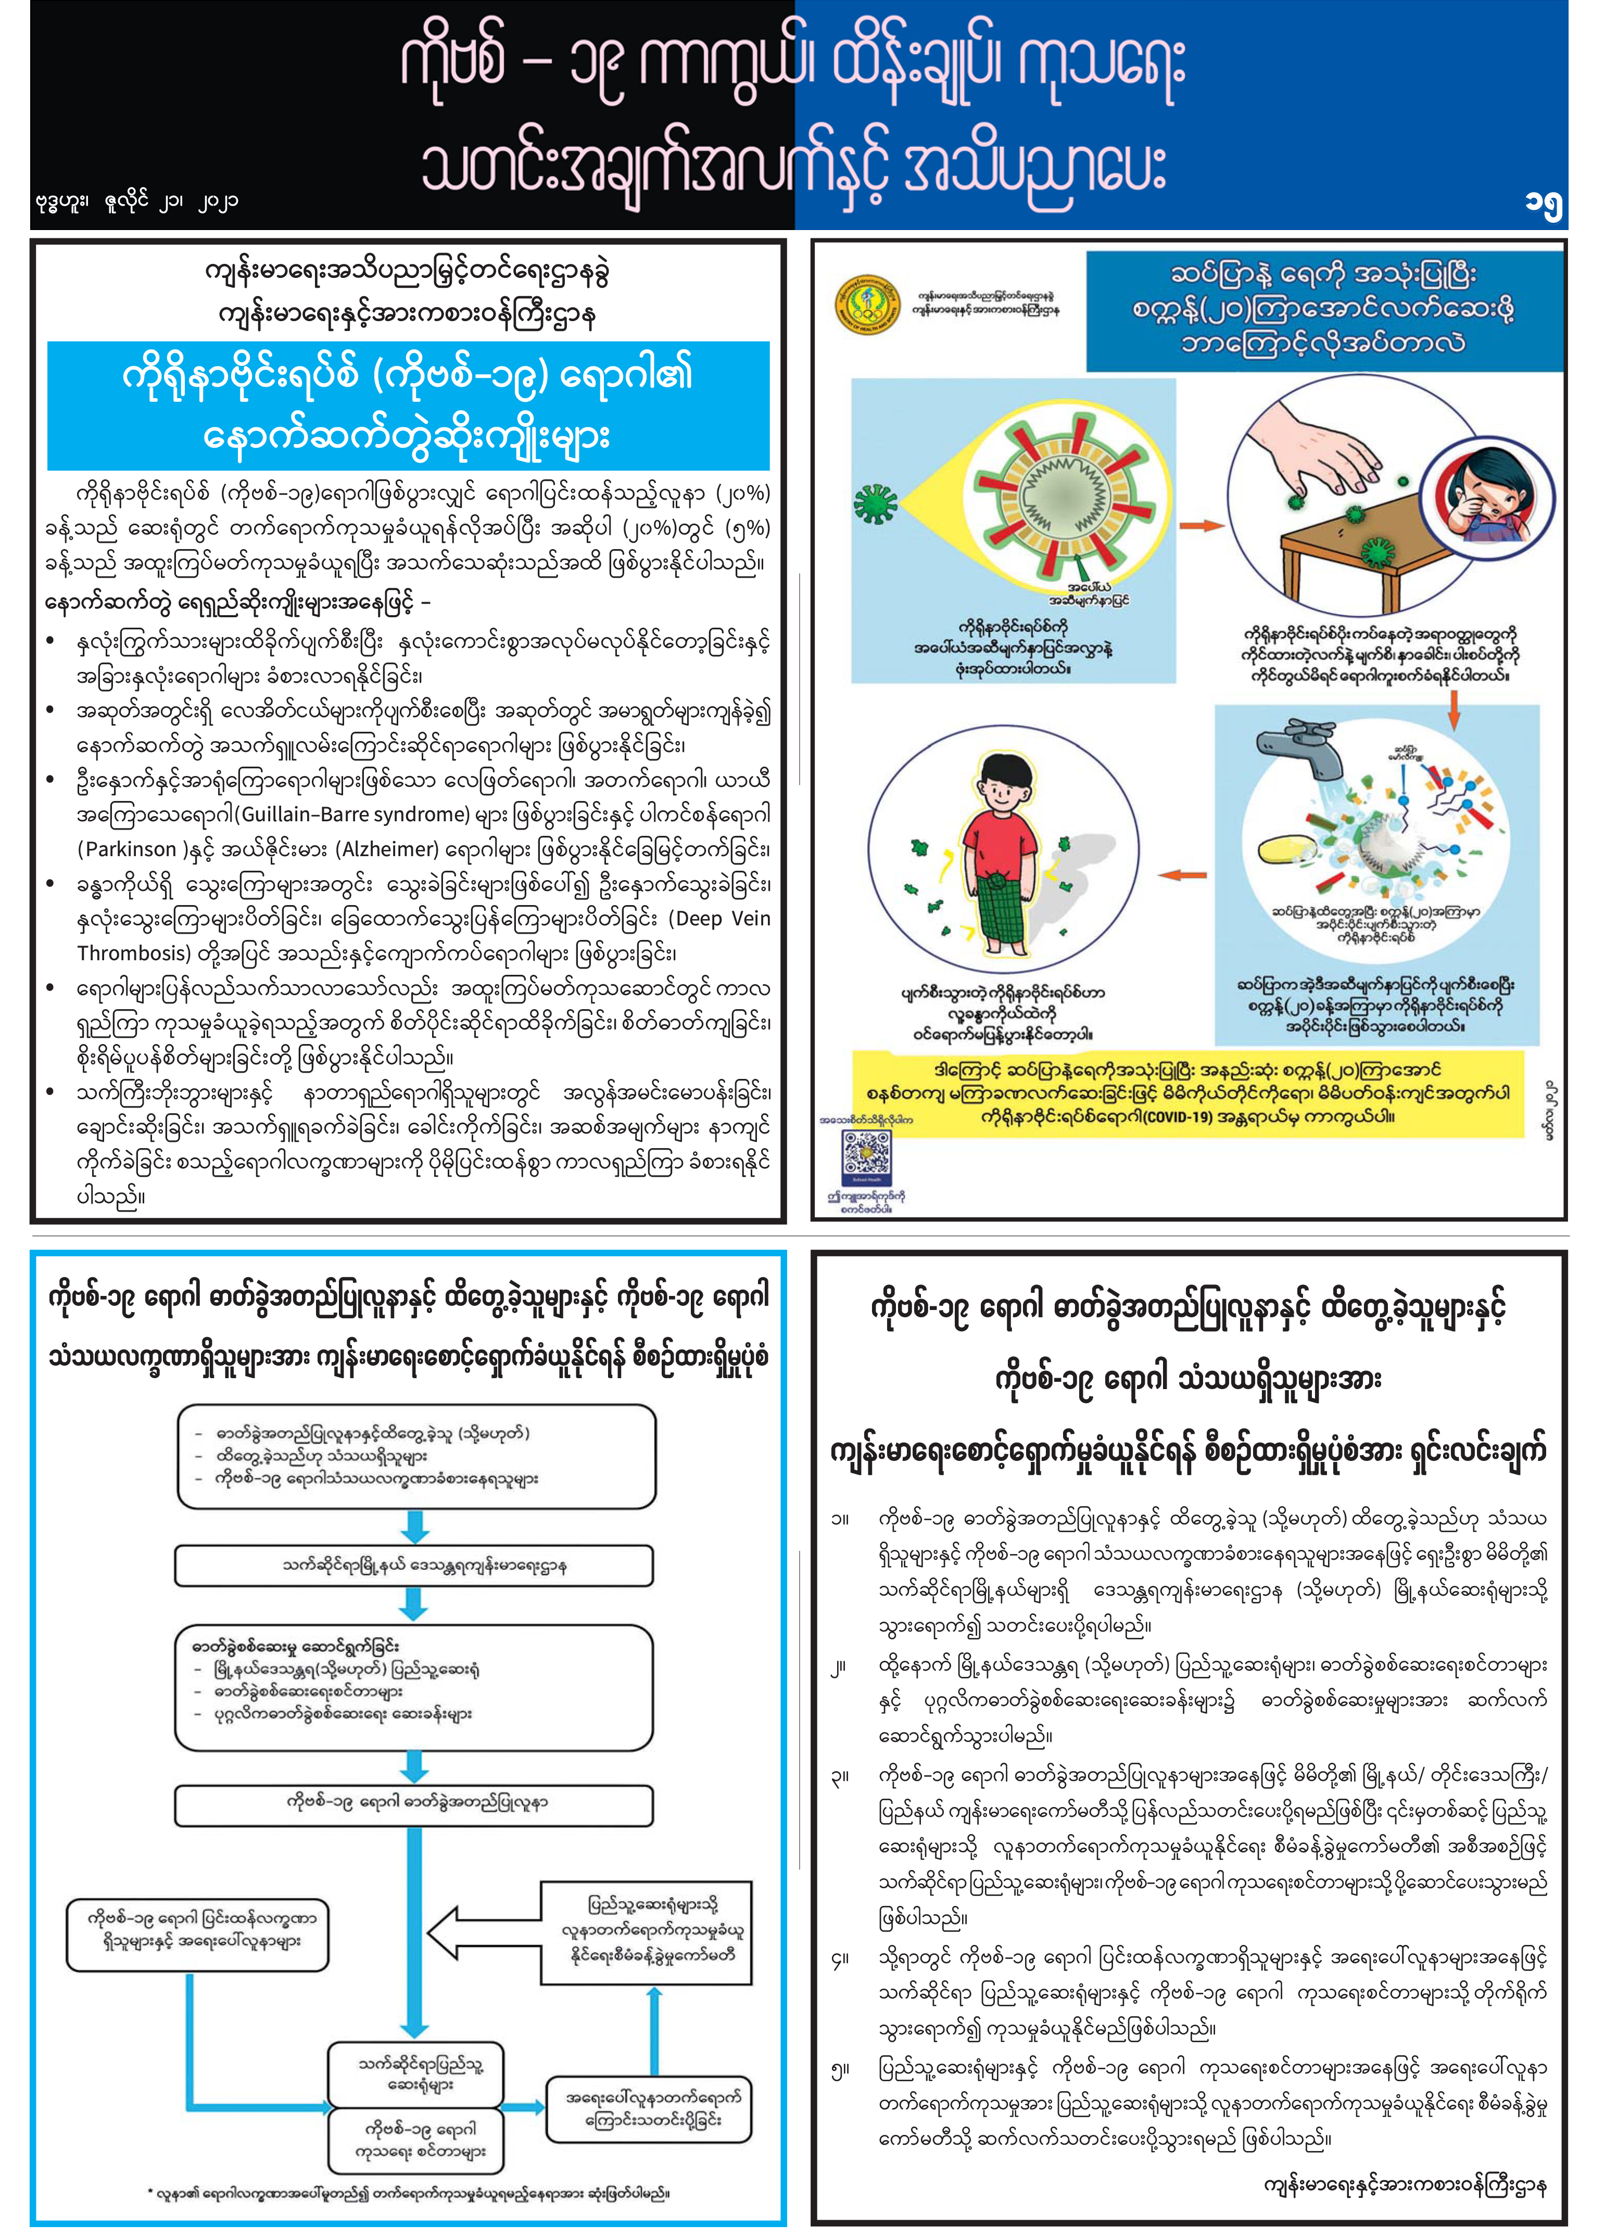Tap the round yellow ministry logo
point(866,304)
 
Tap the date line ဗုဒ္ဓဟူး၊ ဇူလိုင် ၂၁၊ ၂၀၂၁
point(135,201)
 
